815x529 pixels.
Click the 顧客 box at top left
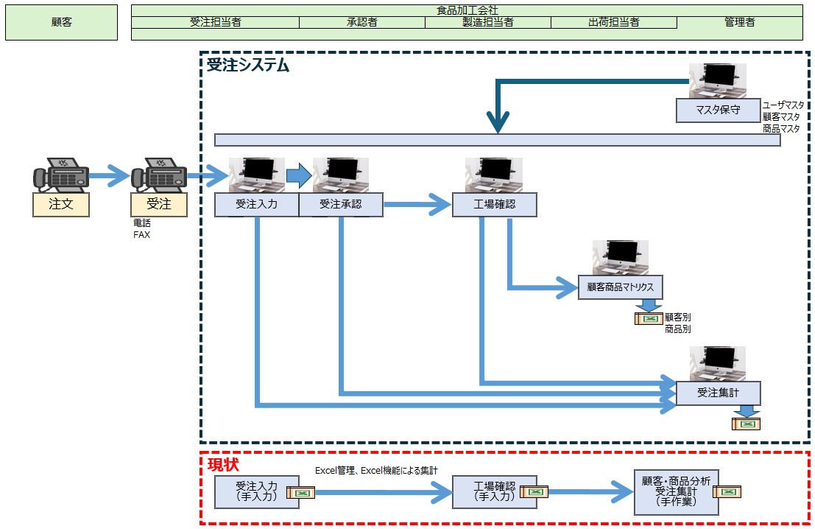pos(61,22)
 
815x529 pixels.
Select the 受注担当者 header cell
pos(215,22)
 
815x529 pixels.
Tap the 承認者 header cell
pos(362,22)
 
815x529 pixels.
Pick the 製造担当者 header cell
pos(488,22)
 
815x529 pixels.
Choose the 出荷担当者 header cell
pos(613,22)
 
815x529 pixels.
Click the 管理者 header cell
pos(739,22)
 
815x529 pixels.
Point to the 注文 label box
pos(61,204)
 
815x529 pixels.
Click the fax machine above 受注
pos(158,175)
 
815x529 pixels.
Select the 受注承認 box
pos(341,205)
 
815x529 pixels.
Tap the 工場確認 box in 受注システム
pos(495,205)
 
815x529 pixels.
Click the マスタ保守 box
pos(718,111)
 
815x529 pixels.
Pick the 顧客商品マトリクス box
pos(621,287)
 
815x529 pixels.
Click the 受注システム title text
pos(247,66)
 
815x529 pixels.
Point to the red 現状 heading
pos(223,465)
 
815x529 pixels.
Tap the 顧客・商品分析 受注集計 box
pos(676,492)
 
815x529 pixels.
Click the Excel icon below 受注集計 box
pos(747,424)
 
